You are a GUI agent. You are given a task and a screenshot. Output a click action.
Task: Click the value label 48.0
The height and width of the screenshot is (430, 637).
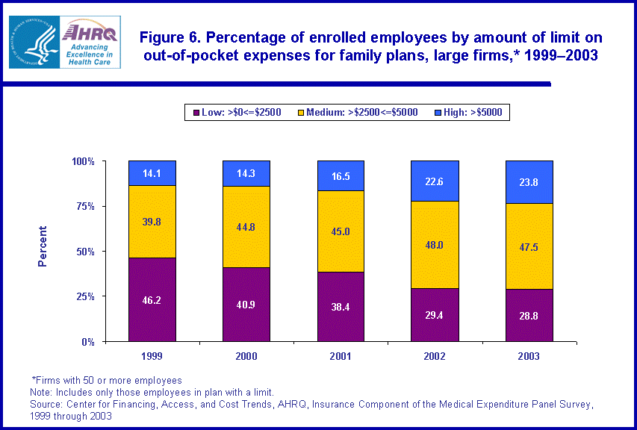[x=435, y=244]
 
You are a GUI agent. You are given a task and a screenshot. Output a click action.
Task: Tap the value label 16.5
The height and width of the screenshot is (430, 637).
[x=341, y=177]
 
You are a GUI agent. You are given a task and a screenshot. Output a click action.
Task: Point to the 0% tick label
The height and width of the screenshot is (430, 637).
[x=87, y=342]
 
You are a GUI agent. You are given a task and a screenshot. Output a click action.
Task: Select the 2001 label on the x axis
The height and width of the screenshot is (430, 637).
[x=341, y=356]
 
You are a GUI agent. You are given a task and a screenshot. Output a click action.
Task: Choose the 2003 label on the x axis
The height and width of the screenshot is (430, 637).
[x=529, y=356]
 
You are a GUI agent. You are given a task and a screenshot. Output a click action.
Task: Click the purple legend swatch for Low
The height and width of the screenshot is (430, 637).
[x=196, y=113]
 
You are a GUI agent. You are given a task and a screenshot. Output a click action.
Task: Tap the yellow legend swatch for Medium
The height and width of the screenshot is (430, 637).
[x=302, y=113]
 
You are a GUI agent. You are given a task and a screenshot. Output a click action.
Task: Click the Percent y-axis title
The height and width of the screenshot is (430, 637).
[x=43, y=246]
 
